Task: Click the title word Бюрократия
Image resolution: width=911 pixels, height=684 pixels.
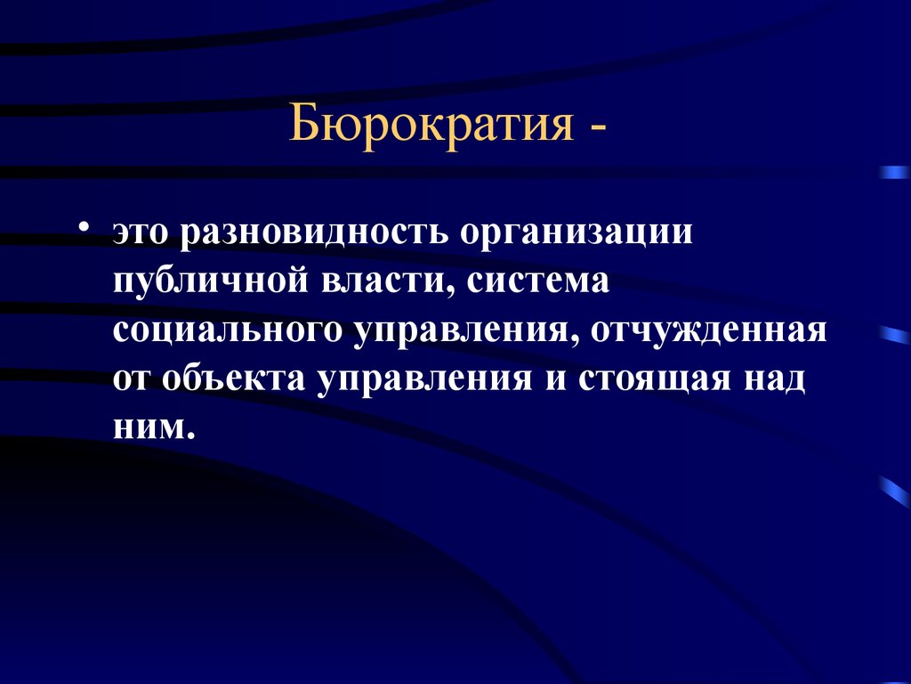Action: pyautogui.click(x=431, y=124)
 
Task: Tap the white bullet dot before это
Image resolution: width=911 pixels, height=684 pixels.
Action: pyautogui.click(x=85, y=225)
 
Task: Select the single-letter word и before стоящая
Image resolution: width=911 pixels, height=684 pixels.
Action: pyautogui.click(x=554, y=380)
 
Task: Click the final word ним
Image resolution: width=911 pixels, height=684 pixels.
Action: pyautogui.click(x=152, y=427)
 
